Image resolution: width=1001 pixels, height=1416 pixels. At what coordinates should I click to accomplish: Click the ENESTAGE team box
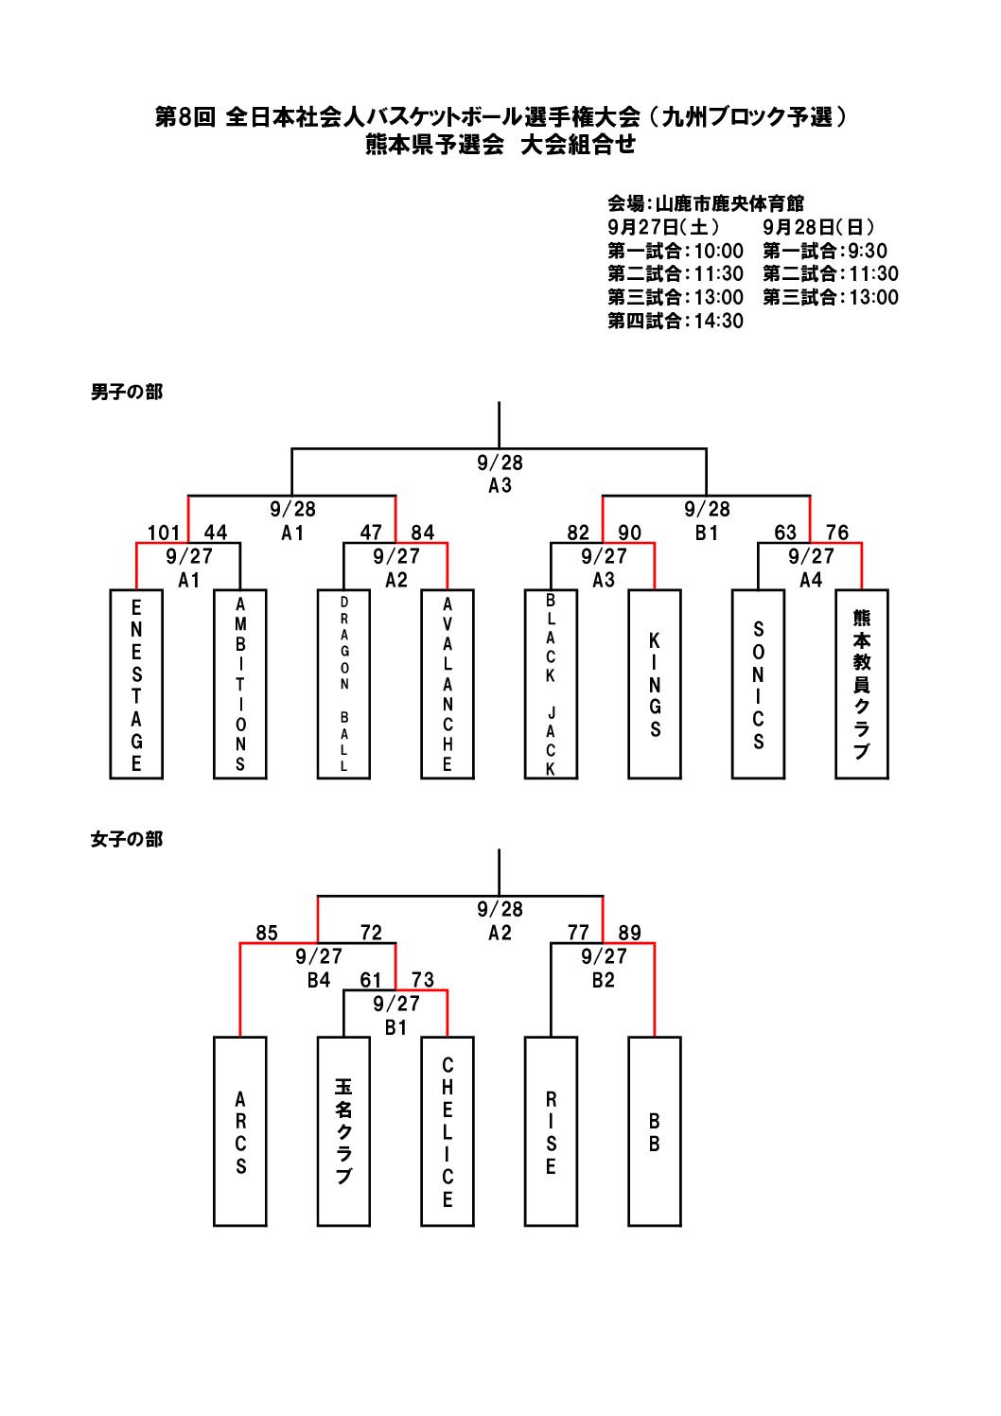pyautogui.click(x=136, y=684)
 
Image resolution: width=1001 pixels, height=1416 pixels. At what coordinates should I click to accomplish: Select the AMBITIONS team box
pyautogui.click(x=240, y=684)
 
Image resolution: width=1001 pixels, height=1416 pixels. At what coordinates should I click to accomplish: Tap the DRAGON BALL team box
pyautogui.click(x=343, y=684)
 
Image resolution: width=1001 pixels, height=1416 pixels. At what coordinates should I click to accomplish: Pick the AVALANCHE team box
pyautogui.click(x=448, y=684)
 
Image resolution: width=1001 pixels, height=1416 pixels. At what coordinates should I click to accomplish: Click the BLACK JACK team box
pyautogui.click(x=551, y=684)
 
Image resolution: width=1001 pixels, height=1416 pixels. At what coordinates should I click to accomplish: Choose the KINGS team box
pyautogui.click(x=655, y=684)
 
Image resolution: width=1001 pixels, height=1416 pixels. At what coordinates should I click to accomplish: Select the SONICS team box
pyautogui.click(x=758, y=684)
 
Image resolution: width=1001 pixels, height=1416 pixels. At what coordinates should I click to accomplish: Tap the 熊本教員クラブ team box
pyautogui.click(x=862, y=684)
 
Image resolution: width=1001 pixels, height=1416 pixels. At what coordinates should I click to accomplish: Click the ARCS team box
pyautogui.click(x=240, y=1131)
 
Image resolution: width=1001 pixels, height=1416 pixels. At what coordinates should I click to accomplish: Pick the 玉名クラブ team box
pyautogui.click(x=343, y=1131)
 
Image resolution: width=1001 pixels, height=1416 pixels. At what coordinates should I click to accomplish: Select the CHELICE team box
pyautogui.click(x=448, y=1131)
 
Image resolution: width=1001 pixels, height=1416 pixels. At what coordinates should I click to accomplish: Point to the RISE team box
pyautogui.click(x=551, y=1131)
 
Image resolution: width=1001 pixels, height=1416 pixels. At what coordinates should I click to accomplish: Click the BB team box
pyautogui.click(x=655, y=1131)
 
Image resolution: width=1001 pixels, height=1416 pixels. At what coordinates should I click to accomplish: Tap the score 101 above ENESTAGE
pyautogui.click(x=163, y=533)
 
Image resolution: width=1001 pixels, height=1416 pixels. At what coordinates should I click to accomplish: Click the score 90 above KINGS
pyautogui.click(x=629, y=533)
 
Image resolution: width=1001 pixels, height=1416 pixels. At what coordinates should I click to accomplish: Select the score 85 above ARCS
pyautogui.click(x=267, y=934)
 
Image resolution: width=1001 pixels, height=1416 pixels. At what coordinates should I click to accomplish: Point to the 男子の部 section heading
pyautogui.click(x=127, y=392)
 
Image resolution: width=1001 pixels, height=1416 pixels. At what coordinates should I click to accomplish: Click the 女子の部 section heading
pyautogui.click(x=127, y=839)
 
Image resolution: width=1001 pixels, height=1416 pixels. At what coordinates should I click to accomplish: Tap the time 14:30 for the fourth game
pyautogui.click(x=719, y=321)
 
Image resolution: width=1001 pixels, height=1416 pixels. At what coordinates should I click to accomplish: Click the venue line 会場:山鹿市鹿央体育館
pyautogui.click(x=706, y=203)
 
